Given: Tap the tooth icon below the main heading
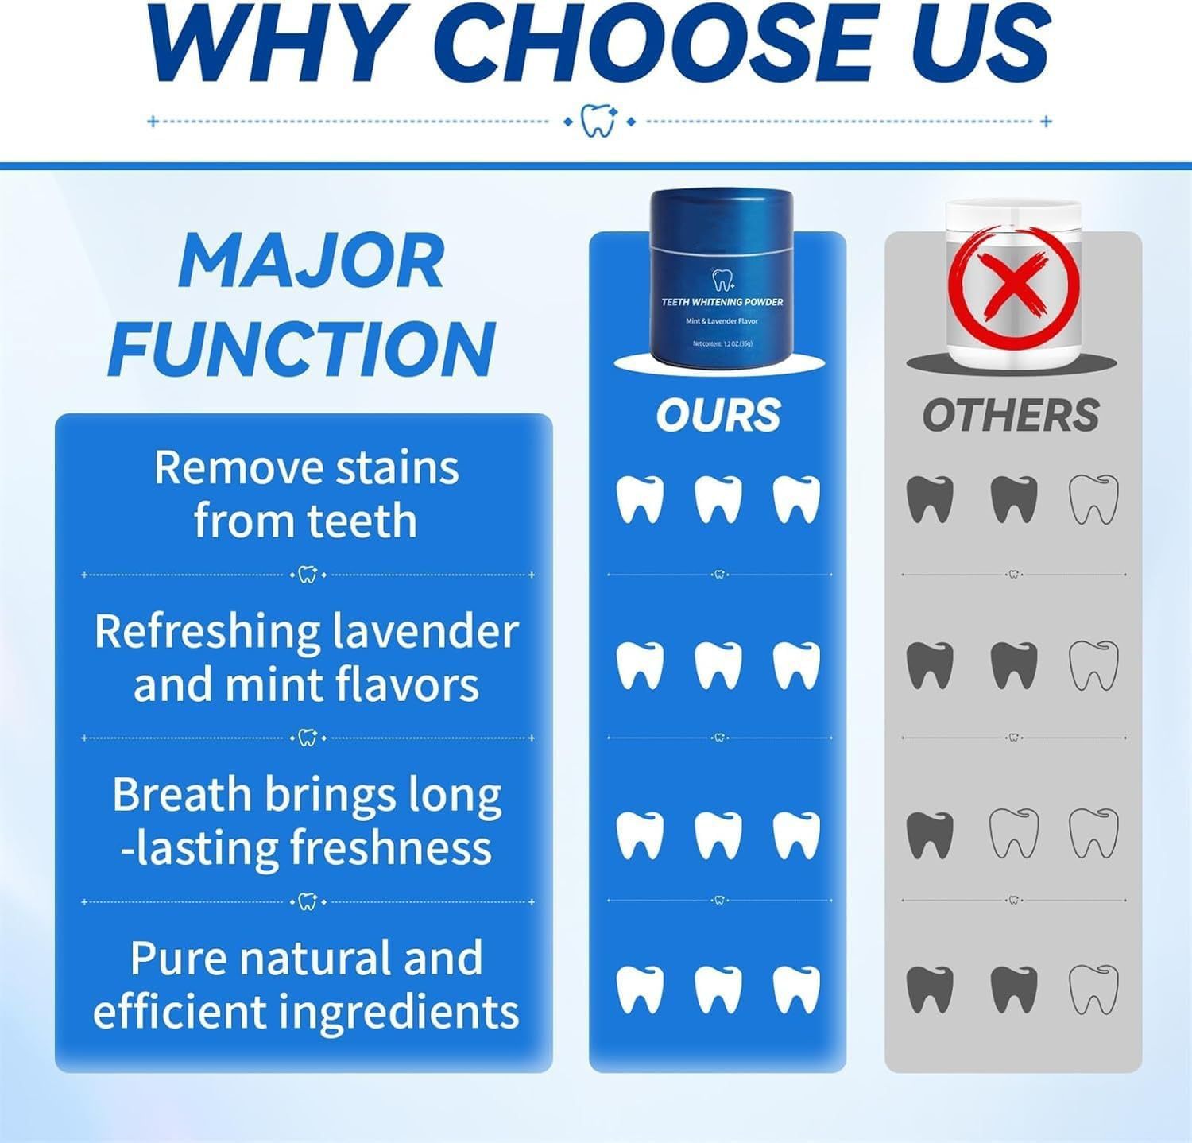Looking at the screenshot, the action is (x=598, y=121).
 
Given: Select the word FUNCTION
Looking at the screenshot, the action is (x=303, y=348).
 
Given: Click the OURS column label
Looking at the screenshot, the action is (x=718, y=415).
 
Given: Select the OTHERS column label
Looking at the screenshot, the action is (x=1011, y=415).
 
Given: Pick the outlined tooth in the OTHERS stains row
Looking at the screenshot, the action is (x=1093, y=500).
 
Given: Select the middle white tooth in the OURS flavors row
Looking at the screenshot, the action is (x=718, y=665).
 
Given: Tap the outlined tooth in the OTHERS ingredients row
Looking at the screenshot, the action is (x=1093, y=990).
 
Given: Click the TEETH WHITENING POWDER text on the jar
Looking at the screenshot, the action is (x=722, y=302).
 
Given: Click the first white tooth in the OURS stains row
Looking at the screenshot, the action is (x=640, y=500).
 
